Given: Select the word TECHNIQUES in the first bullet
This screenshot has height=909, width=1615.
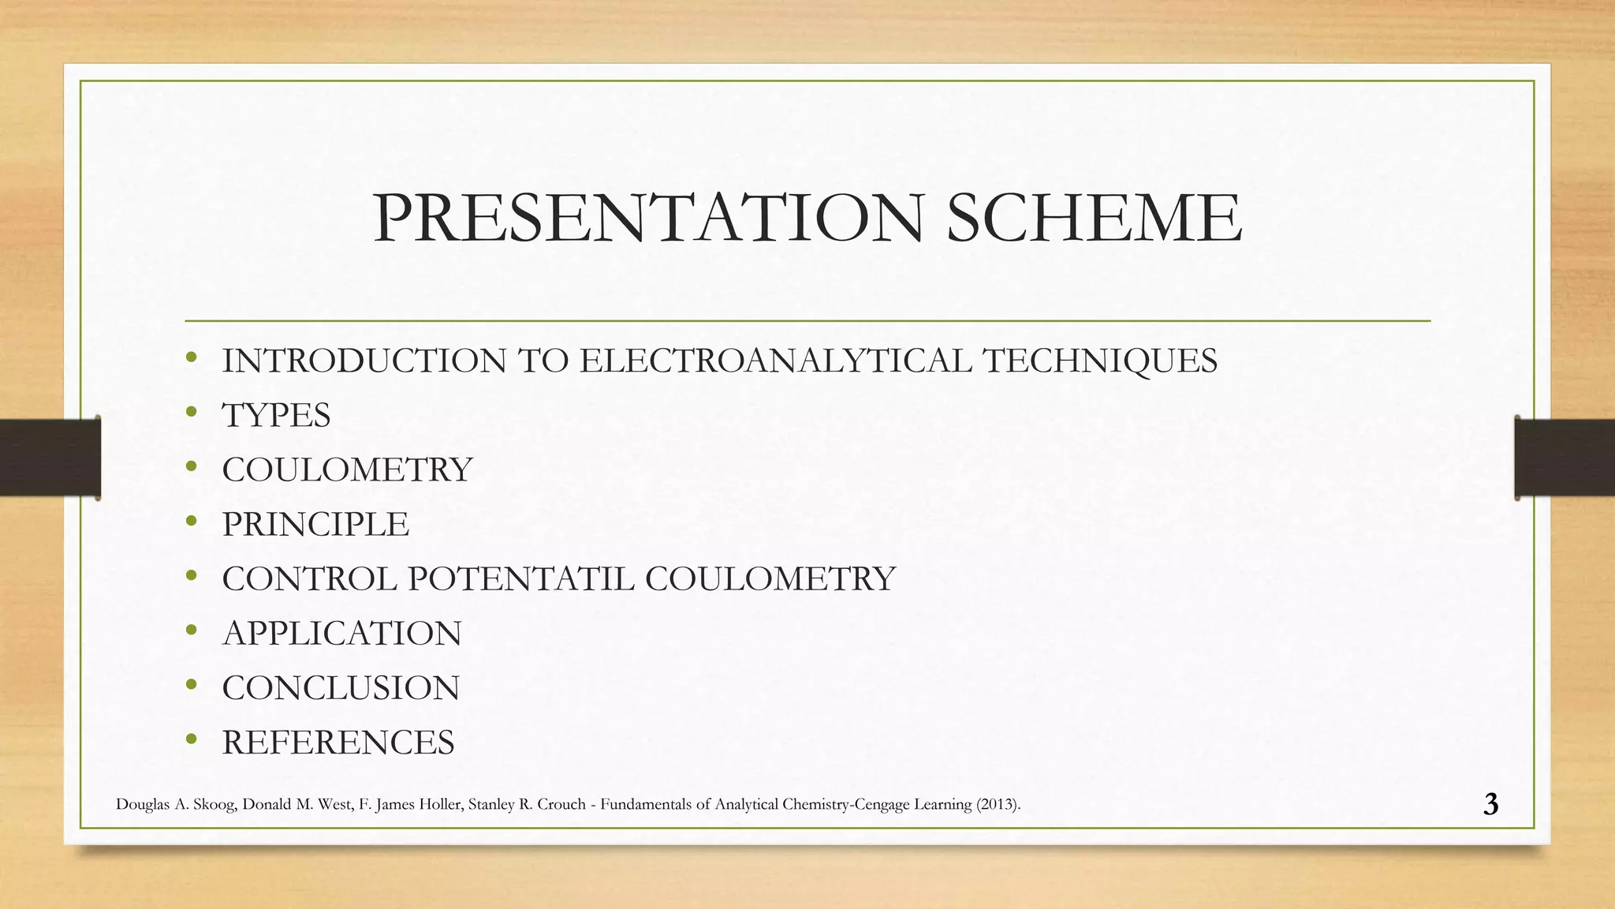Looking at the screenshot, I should pos(1100,361).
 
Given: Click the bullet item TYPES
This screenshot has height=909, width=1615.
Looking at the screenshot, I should pos(276,416).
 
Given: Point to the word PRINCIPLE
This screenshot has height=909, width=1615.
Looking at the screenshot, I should pos(315,525).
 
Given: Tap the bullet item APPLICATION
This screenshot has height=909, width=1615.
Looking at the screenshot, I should pos(341,634).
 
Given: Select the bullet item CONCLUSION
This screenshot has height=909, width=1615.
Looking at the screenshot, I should pos(341,688).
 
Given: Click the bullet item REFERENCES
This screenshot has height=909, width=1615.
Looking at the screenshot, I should pos(338,743).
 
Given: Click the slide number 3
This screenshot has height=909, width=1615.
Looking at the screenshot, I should pos(1490,804).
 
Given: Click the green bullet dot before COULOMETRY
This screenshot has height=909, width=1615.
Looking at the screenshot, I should pos(191,467).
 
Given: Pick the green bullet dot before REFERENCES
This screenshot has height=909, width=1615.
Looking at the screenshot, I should pos(191,740).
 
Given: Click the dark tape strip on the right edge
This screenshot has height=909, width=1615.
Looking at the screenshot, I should pos(1565,458).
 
